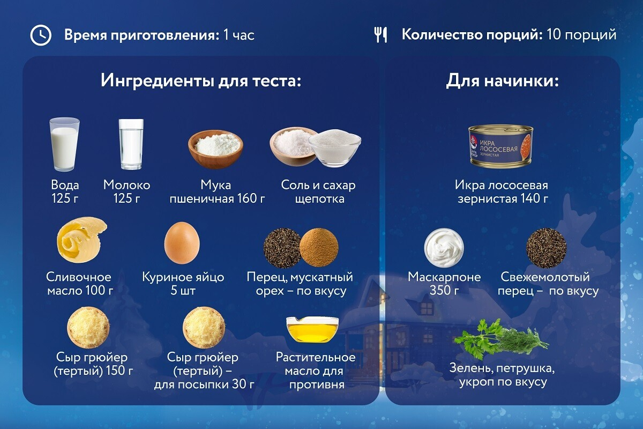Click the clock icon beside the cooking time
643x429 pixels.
tap(41, 35)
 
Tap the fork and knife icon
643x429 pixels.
tap(380, 35)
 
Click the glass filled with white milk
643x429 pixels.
tap(64, 144)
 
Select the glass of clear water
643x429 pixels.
tap(131, 144)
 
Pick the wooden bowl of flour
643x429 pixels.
tap(215, 148)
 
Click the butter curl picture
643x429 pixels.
tap(82, 240)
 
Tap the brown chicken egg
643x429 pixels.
tap(182, 243)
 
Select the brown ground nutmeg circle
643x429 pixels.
tap(319, 247)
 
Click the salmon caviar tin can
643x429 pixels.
tap(501, 146)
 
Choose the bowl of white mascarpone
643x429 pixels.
tap(444, 248)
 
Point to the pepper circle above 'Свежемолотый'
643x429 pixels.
tap(546, 248)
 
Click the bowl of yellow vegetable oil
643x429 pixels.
tap(312, 329)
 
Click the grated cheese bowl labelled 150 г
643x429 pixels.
tap(88, 327)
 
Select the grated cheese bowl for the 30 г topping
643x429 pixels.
tap(204, 327)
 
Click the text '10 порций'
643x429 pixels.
tap(581, 35)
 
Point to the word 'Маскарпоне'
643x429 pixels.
tap(444, 277)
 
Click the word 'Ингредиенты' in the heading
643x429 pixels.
tap(158, 80)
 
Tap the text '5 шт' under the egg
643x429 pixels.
tap(183, 291)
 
